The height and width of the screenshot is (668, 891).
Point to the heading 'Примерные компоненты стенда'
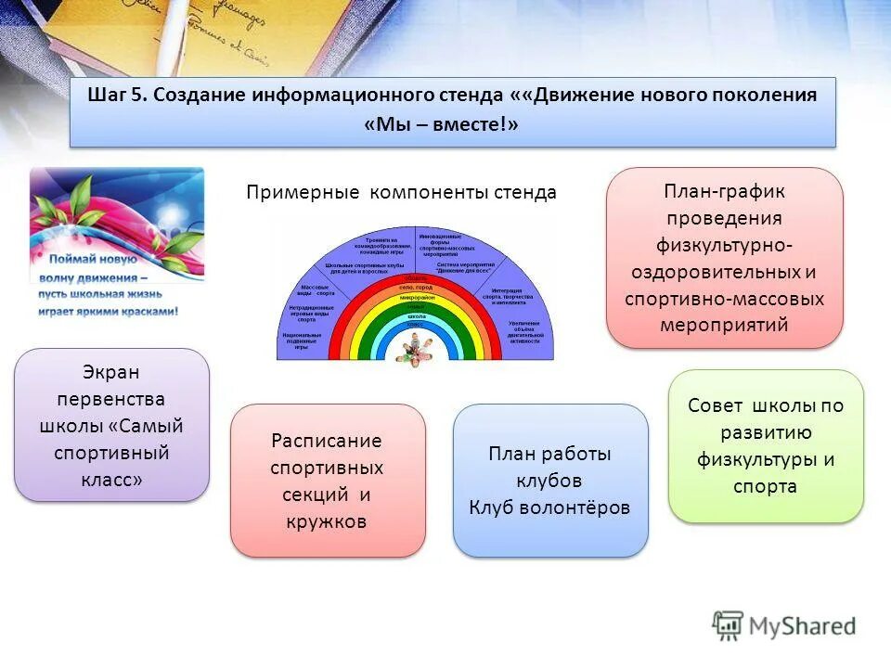click(x=401, y=192)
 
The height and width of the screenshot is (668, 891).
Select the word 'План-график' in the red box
click(x=724, y=191)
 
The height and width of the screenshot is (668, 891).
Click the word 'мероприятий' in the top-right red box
click(x=724, y=325)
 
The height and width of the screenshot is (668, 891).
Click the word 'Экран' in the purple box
click(x=111, y=372)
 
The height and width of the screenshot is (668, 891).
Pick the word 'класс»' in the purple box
click(x=111, y=480)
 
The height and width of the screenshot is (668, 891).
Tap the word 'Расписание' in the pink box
click(x=327, y=440)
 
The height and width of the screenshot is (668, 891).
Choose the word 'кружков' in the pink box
click(x=327, y=520)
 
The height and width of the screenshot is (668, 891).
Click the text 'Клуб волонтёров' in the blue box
click(x=549, y=507)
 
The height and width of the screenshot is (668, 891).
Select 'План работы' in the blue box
click(x=549, y=454)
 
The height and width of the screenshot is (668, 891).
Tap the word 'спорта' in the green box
click(x=765, y=486)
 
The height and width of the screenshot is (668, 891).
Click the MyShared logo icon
click(x=728, y=626)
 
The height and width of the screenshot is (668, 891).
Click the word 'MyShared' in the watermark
click(x=804, y=627)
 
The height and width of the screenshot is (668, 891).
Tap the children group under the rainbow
click(x=416, y=345)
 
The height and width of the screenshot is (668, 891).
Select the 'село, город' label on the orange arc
click(x=416, y=288)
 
